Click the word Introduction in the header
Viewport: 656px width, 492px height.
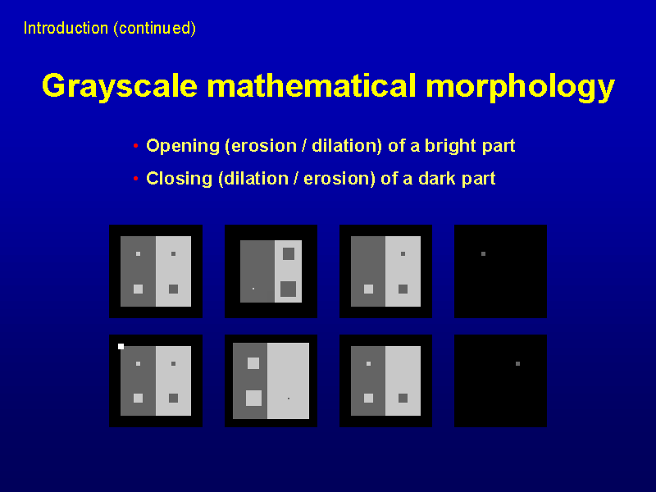tap(66, 29)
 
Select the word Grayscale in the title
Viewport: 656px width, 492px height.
tap(120, 87)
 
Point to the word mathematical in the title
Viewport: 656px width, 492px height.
tap(312, 85)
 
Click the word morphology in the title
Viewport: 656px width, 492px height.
tap(521, 87)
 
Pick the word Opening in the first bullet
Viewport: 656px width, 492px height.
tap(183, 146)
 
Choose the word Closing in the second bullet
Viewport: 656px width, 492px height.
tap(179, 179)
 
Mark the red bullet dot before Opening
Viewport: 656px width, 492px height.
tap(135, 146)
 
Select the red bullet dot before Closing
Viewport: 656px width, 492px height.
tap(135, 179)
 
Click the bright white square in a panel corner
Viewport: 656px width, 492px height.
tap(121, 346)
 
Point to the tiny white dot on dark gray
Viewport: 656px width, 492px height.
tap(253, 289)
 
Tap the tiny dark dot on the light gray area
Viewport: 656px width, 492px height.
tap(289, 399)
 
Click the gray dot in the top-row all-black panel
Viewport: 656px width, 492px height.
tap(483, 254)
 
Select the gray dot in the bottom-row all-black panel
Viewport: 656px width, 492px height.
tap(517, 363)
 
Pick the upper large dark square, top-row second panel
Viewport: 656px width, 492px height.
tap(289, 253)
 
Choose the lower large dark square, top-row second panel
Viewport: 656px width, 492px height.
tap(289, 289)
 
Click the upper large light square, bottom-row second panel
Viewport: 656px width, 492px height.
tap(253, 363)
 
